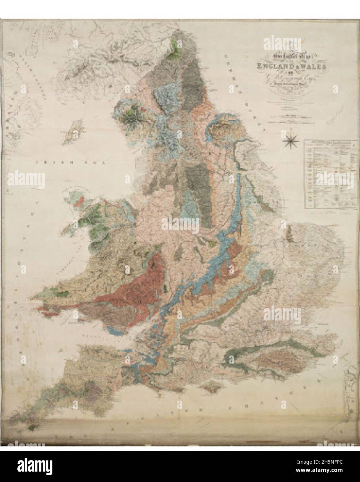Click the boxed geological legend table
327,174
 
